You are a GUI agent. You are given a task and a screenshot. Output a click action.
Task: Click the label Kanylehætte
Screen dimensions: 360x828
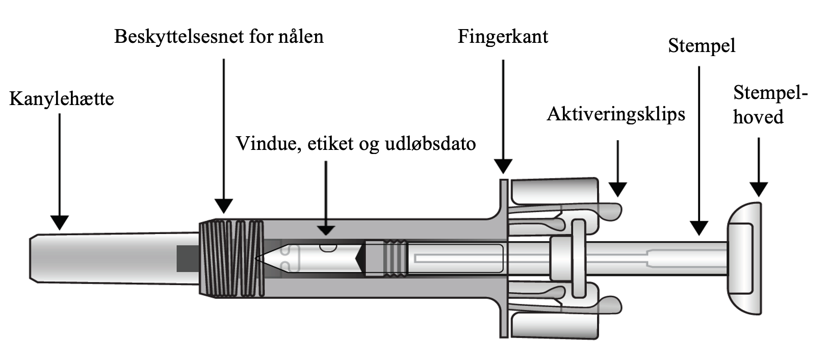click(61, 98)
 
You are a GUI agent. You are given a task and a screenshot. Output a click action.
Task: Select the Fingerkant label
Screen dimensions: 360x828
click(503, 37)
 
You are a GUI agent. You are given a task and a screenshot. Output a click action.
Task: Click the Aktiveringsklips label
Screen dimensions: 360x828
click(616, 114)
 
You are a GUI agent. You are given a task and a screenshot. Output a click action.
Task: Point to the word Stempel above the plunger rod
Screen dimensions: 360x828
click(702, 46)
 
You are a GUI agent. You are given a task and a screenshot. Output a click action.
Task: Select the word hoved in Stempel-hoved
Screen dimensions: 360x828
click(758, 117)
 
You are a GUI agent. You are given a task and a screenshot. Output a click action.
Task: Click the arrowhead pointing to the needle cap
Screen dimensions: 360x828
click(60, 222)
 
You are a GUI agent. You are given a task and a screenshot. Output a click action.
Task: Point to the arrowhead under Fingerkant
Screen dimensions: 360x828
click(503, 166)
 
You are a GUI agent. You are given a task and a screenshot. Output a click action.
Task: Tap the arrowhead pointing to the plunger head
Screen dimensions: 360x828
click(759, 189)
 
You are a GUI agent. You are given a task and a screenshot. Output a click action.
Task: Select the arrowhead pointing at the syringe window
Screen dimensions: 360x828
click(326, 229)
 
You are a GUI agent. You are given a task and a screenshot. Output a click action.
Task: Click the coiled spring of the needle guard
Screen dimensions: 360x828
click(232, 258)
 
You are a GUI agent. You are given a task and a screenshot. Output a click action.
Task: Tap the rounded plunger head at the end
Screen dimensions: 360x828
click(744, 258)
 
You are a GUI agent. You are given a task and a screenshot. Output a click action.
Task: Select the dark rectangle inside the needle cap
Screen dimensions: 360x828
click(187, 258)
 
